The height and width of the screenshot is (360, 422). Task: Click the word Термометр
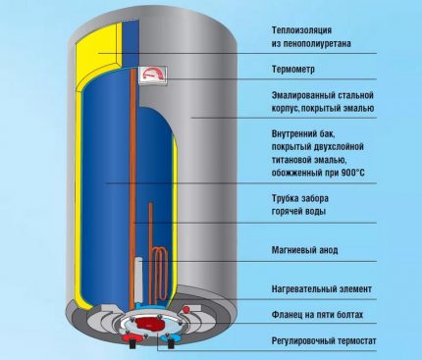point(298,70)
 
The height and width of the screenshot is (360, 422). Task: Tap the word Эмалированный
point(307,95)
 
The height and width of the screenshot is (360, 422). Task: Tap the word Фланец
point(289,315)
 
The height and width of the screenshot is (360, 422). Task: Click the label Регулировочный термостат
point(325,340)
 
